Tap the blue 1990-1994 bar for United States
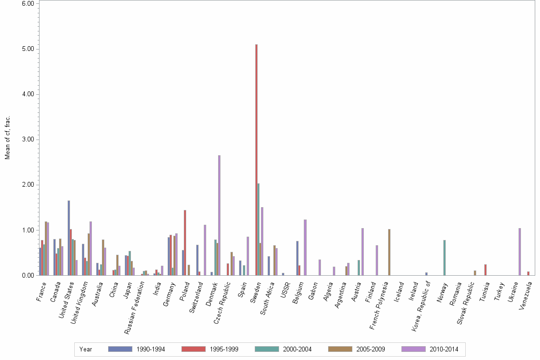pos(69,238)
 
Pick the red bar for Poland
pos(185,243)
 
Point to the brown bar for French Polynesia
pos(389,252)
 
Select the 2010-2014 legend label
pos(444,350)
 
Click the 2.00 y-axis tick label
pos(27,185)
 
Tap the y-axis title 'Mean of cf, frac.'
pos(8,138)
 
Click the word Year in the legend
pos(86,350)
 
